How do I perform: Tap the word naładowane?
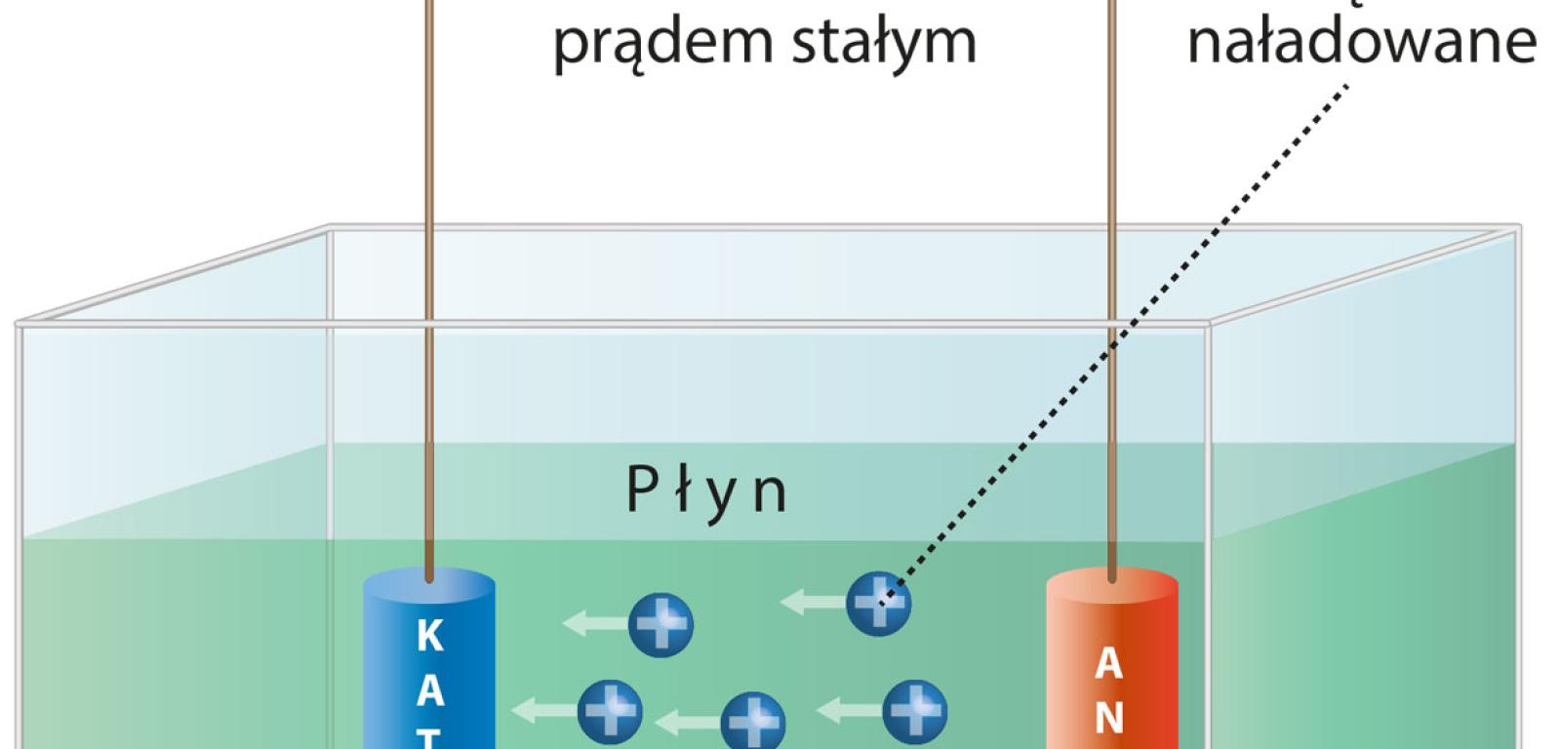tap(1361, 40)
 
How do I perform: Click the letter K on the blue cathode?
tap(429, 636)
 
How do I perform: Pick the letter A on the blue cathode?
tap(429, 690)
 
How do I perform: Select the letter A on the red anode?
tap(1108, 664)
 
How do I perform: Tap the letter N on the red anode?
tap(1108, 718)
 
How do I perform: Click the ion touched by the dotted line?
tap(878, 603)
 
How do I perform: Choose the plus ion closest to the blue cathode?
tap(610, 712)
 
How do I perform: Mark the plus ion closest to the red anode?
tap(914, 711)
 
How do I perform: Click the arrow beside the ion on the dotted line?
tap(812, 602)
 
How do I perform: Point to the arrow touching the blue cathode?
tap(541, 711)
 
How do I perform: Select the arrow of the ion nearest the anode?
tap(847, 711)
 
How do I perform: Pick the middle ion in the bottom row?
tap(752, 723)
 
